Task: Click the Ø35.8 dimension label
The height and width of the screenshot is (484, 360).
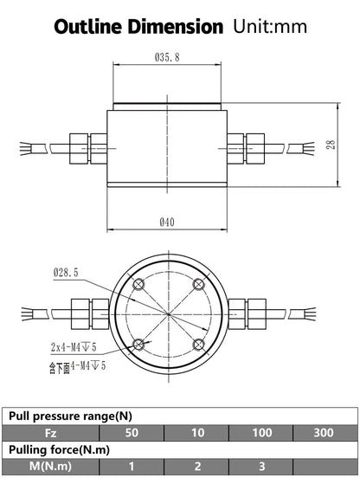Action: [167, 57]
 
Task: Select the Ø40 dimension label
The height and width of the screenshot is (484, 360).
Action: [167, 222]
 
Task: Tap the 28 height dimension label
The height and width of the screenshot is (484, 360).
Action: [331, 145]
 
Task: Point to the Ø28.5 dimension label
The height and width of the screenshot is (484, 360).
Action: [66, 273]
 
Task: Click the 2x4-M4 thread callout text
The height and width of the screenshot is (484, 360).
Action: [74, 347]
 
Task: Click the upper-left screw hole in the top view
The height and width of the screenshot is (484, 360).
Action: [138, 284]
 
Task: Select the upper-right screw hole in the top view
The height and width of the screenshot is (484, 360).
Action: [199, 284]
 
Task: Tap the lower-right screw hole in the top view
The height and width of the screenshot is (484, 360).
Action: [199, 345]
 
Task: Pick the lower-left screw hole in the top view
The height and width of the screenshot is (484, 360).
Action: [138, 345]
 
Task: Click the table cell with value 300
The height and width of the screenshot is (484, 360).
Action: [325, 433]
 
